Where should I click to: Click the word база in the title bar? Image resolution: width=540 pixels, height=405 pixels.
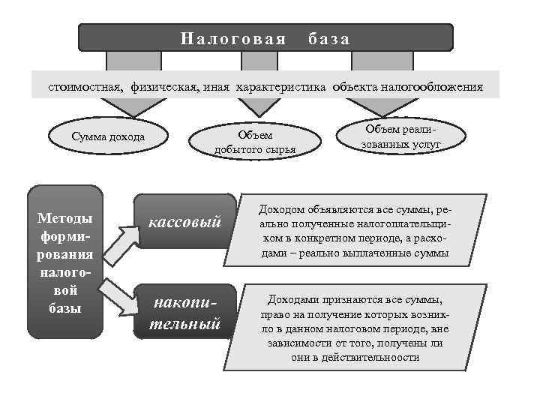(330, 38)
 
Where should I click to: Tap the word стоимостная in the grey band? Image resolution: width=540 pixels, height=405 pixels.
(82, 87)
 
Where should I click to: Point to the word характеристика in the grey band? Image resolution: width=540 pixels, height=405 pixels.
(281, 87)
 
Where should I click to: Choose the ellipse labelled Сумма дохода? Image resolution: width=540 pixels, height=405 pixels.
(108, 137)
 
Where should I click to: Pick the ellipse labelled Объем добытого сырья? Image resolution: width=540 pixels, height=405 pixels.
(255, 141)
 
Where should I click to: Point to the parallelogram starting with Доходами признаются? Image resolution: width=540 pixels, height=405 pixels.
(355, 328)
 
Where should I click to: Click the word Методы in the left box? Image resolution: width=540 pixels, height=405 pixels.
(65, 219)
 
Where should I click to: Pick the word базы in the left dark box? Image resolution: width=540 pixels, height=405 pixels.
(65, 308)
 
